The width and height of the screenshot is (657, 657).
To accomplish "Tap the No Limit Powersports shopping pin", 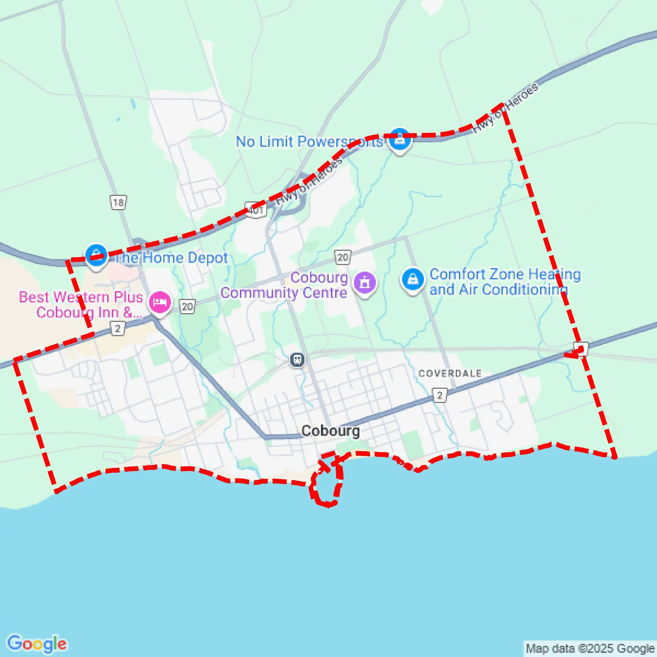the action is coord(400,139).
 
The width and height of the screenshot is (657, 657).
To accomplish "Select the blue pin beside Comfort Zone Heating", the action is coord(412,280).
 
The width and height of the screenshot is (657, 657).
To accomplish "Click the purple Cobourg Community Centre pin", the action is coord(364,283).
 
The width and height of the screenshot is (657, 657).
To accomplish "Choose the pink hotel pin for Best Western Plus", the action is coord(160,302).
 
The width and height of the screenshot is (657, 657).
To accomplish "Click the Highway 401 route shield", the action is coord(256,210).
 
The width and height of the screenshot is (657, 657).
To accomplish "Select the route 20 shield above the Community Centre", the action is coord(343,257).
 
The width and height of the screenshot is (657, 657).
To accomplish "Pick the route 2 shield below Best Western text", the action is coord(118,329).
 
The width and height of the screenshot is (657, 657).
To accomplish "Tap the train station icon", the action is coord(297,360).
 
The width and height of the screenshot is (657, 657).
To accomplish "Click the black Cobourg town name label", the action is coord(330,431).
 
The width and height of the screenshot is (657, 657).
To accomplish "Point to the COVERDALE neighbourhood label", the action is coord(450,373).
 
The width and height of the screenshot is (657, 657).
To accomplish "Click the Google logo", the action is coord(37,643).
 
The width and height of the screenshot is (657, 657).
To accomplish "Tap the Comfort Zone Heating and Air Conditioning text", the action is coord(505,282).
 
